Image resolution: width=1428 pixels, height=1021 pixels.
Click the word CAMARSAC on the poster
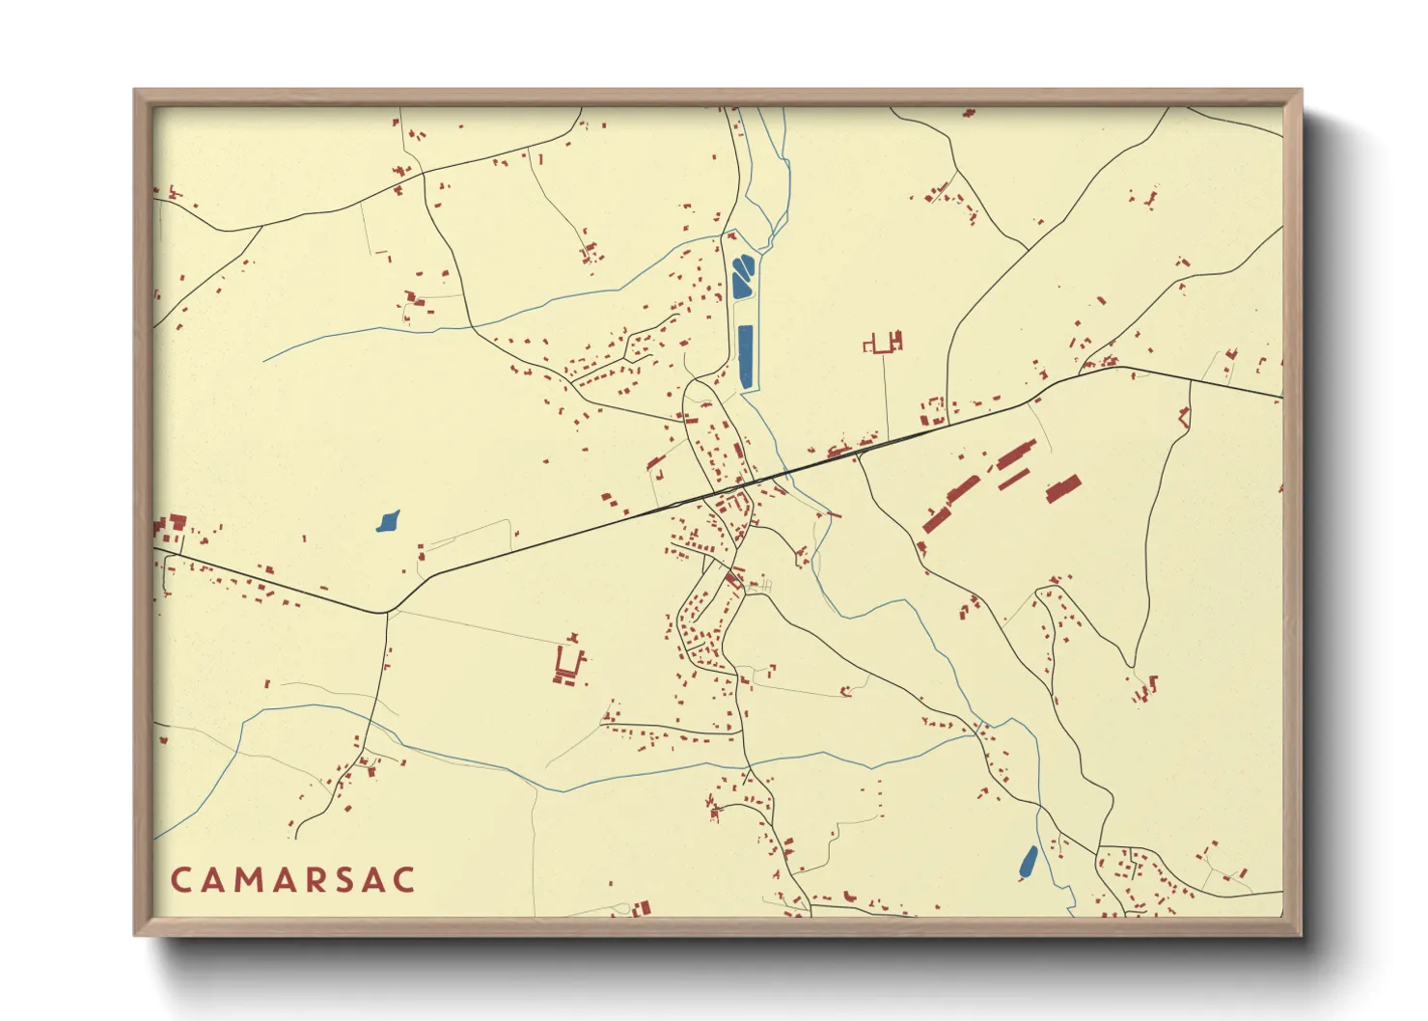(293, 880)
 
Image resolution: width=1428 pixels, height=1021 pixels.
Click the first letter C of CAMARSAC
(180, 880)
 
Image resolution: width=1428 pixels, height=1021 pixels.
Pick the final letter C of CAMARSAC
(405, 880)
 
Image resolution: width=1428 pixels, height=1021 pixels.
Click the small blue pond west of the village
(388, 522)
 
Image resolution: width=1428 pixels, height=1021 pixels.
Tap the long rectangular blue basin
(745, 357)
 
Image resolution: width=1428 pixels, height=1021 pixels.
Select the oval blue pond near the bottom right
(1029, 862)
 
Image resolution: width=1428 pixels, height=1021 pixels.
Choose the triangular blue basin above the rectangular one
(742, 277)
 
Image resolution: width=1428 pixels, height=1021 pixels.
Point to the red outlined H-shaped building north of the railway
(884, 343)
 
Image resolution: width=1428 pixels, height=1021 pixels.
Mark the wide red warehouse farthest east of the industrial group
(1063, 489)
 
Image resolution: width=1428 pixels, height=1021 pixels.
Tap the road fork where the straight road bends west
(387, 612)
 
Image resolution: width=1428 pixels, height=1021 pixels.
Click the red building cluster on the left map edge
(170, 527)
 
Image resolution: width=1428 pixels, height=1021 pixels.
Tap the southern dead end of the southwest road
(295, 837)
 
